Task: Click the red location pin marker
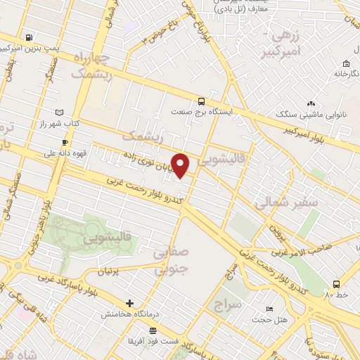point(181,166)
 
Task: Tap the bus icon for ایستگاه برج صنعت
point(202,101)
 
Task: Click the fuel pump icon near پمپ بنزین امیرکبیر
point(28,38)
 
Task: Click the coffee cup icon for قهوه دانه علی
point(65,142)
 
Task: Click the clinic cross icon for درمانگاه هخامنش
point(129,303)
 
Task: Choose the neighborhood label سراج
point(229,304)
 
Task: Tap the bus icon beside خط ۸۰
point(336,285)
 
